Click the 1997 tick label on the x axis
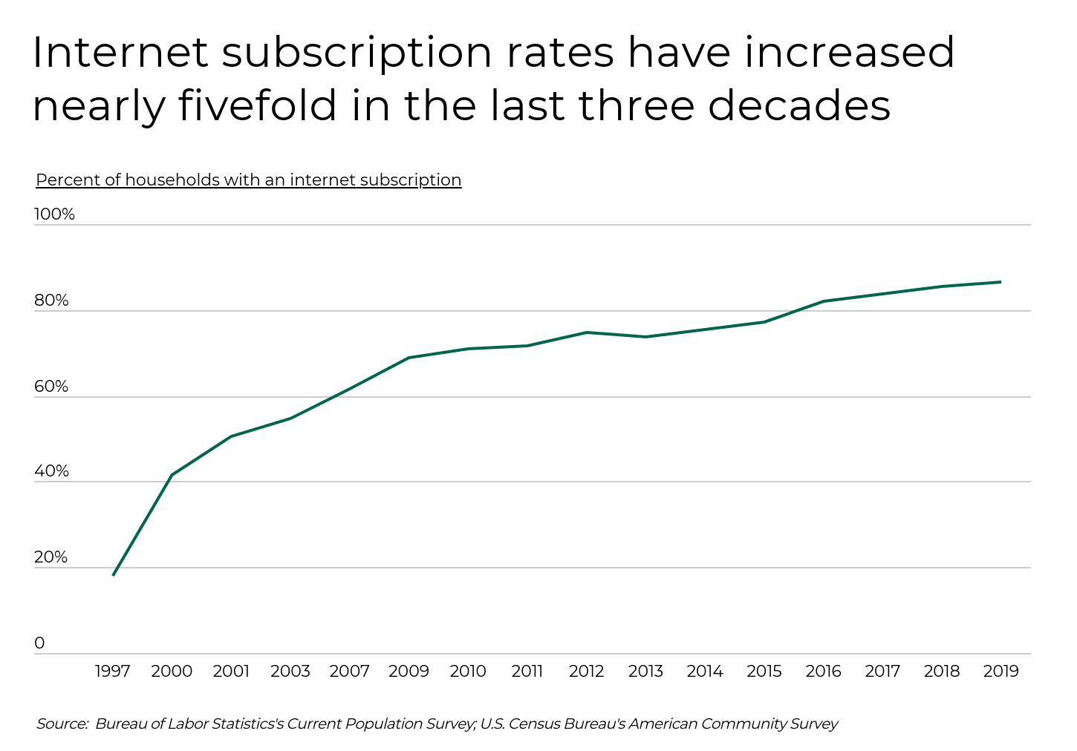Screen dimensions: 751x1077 pos(113,672)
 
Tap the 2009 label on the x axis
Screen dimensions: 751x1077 pos(409,672)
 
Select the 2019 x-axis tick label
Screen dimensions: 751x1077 pos(1000,672)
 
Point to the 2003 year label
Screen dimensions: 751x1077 pos(290,672)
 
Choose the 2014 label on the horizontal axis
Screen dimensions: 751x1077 pos(705,672)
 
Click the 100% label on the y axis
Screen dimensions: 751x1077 pos(54,214)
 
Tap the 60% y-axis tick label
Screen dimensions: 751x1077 pos(51,387)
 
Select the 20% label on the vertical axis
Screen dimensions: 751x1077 pos(51,557)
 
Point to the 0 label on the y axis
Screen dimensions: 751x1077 pos(39,643)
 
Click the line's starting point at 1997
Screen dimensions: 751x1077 pos(113,575)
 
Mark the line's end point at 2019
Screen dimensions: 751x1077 pos(1000,282)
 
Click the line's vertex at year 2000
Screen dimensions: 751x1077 pos(172,475)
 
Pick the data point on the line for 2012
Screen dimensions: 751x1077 pos(586,332)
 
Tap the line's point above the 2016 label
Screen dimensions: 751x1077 pos(823,301)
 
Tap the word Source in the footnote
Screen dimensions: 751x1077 pos(62,724)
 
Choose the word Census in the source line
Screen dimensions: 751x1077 pos(534,724)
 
